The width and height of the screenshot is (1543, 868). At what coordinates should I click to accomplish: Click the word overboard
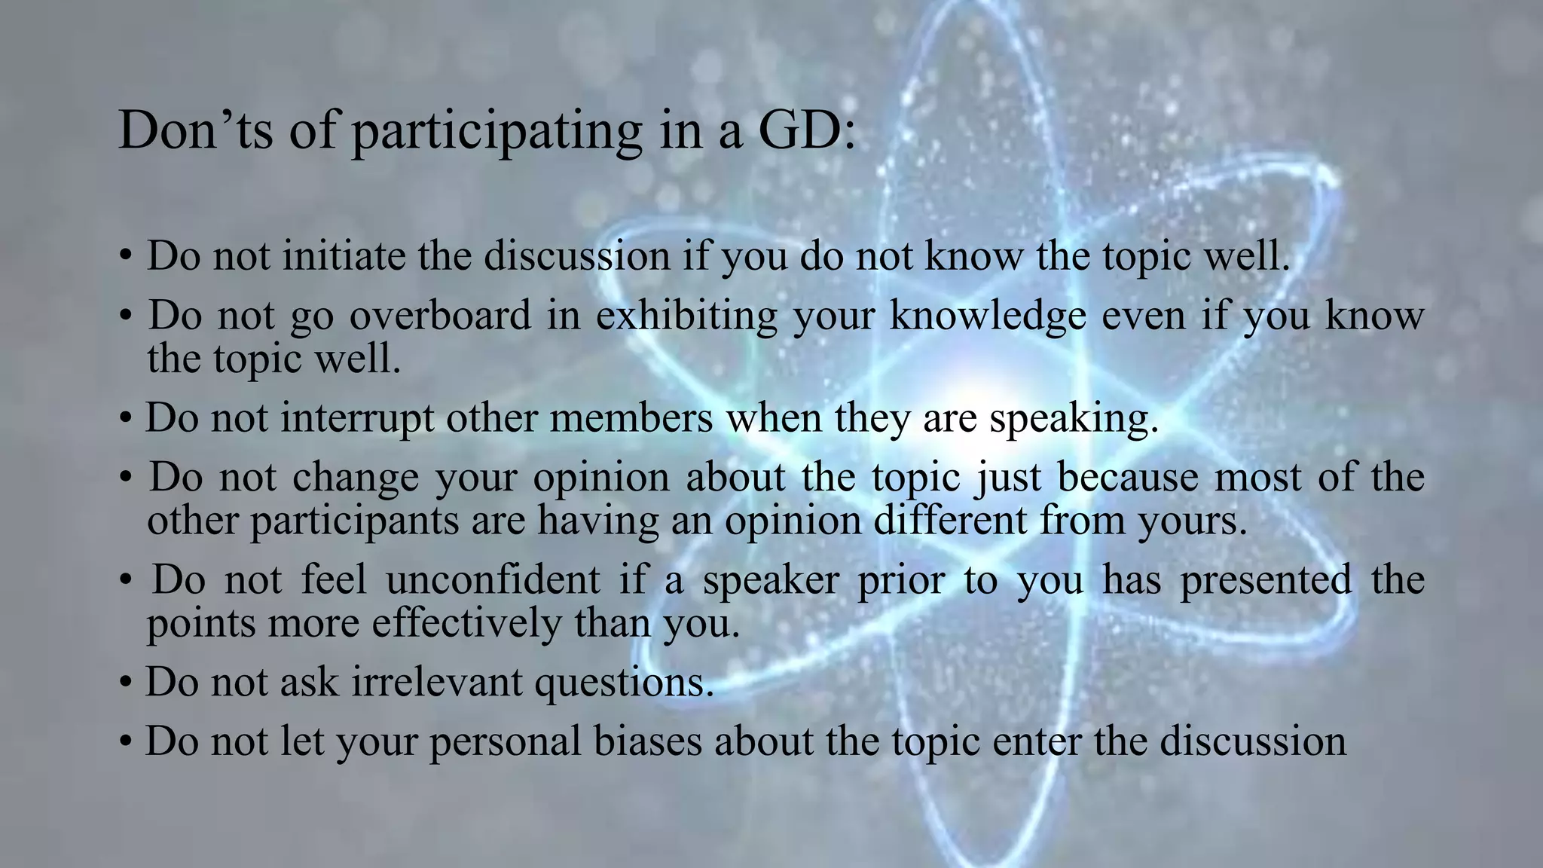coord(440,315)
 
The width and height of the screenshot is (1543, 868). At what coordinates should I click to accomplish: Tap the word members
coord(631,418)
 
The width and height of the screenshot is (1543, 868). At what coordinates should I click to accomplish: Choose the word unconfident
coord(493,580)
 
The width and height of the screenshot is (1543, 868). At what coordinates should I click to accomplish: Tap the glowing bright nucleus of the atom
coord(972,392)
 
